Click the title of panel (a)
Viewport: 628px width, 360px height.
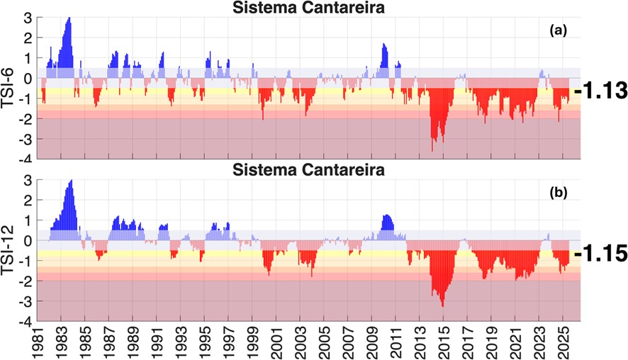(310, 9)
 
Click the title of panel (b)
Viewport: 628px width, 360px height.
(310, 171)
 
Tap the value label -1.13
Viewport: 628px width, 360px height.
(602, 91)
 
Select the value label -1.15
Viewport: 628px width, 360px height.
(602, 253)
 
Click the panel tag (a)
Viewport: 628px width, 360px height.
(558, 30)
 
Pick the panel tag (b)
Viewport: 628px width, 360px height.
(558, 193)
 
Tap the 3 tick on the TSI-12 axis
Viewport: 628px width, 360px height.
(29, 181)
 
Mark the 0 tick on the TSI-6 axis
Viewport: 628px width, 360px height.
(29, 78)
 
